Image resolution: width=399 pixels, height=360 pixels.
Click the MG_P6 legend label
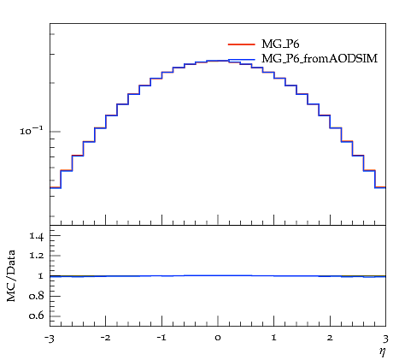[x=280, y=44]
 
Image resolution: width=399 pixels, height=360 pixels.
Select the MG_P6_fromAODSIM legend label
[x=320, y=59]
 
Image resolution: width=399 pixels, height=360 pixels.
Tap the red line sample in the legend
[x=242, y=44]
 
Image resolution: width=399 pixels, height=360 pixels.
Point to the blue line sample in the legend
[x=242, y=60]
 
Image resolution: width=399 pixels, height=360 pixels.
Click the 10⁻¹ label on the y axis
[x=32, y=131]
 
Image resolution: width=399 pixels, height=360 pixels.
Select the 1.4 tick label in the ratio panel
[x=37, y=236]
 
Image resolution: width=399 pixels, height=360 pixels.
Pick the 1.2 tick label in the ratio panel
[x=37, y=256]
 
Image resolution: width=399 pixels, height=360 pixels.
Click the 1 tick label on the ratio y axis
[x=40, y=276]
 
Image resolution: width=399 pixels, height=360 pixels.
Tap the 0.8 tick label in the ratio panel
[x=37, y=296]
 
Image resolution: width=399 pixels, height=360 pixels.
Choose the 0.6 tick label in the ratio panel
[x=37, y=316]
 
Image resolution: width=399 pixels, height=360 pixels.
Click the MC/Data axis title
[x=11, y=275]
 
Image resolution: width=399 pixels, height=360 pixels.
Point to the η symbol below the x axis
[x=382, y=351]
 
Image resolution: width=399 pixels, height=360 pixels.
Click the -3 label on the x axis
[x=49, y=339]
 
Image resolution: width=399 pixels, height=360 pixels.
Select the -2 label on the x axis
[x=105, y=339]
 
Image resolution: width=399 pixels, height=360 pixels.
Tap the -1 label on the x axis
[x=161, y=339]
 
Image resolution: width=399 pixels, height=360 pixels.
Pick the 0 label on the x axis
[x=218, y=339]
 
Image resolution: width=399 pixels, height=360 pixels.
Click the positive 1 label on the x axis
[x=274, y=339]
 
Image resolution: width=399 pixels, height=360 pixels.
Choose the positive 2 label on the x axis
[x=330, y=339]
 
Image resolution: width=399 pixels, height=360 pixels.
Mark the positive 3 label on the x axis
[x=385, y=339]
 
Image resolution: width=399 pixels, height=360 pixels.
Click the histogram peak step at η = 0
[x=218, y=61]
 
